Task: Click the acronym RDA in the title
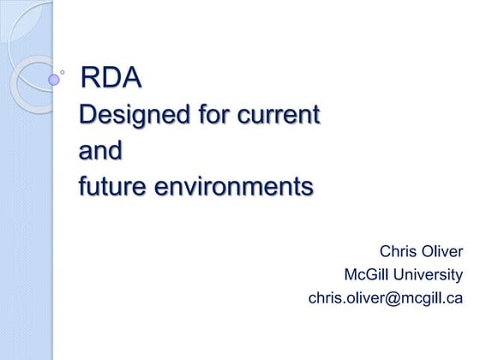tap(110, 78)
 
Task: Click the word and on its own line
tap(100, 150)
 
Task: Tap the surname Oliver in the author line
tap(441, 251)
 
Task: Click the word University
tap(432, 275)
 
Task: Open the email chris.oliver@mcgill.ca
tap(385, 298)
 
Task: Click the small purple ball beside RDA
tap(55, 80)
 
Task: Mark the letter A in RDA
tap(130, 78)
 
